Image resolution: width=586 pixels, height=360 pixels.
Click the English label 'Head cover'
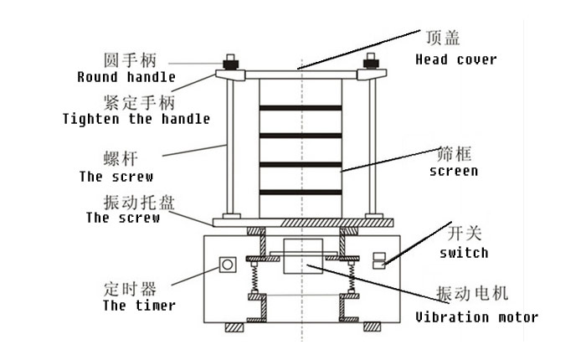[455, 59]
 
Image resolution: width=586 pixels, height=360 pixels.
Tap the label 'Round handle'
[126, 77]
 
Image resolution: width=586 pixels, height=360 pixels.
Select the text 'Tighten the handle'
[136, 119]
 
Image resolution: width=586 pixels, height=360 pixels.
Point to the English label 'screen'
[453, 171]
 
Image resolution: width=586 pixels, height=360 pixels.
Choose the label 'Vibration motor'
[476, 317]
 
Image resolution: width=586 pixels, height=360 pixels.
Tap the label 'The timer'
[139, 306]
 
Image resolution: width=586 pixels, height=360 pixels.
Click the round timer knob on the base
[225, 265]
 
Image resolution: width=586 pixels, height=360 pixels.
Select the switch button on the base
[379, 260]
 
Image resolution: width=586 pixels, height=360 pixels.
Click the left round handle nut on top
[228, 63]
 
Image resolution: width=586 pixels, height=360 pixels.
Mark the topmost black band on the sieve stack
[300, 108]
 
